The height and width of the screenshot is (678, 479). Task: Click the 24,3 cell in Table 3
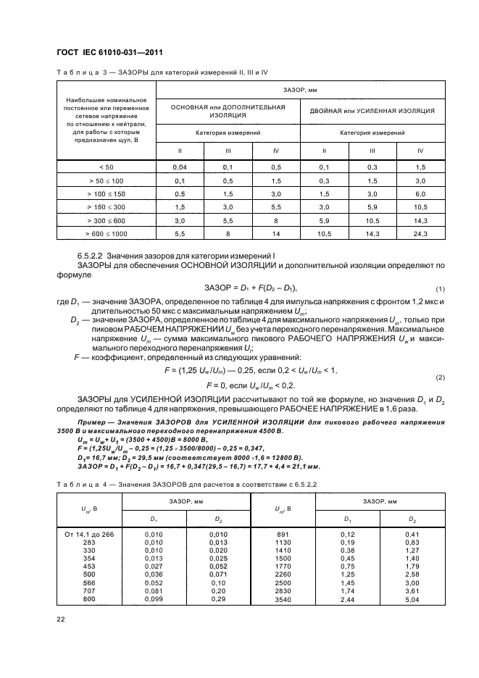[420, 234]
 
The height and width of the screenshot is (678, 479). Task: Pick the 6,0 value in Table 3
[420, 193]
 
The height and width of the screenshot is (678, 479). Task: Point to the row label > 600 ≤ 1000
[107, 234]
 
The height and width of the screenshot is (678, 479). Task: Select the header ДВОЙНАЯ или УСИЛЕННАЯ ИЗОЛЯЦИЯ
[372, 111]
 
